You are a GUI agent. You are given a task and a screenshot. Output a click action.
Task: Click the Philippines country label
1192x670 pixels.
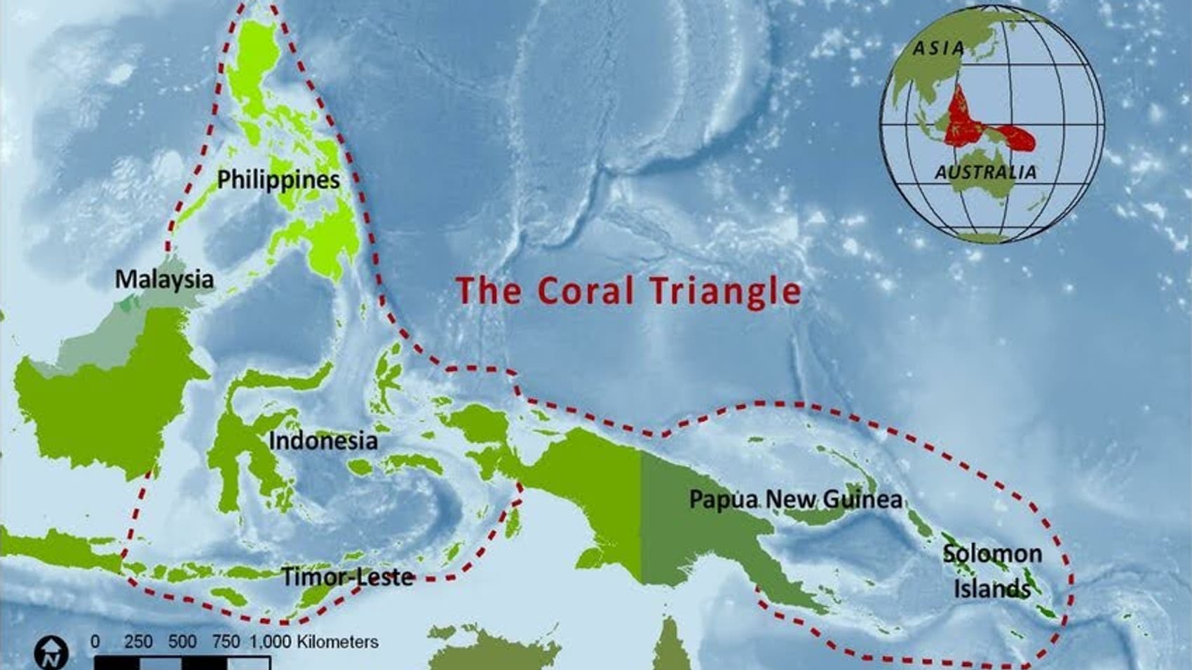(x=278, y=180)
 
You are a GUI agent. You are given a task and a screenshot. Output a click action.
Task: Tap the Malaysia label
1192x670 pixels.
(x=164, y=280)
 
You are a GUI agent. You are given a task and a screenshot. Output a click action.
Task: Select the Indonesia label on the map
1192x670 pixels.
(x=323, y=441)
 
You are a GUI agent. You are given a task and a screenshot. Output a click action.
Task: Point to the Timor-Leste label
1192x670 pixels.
(x=348, y=577)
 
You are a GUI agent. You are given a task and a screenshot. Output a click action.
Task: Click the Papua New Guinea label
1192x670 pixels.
(x=795, y=500)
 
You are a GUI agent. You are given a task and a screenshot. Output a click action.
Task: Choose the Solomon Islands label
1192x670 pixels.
(x=991, y=571)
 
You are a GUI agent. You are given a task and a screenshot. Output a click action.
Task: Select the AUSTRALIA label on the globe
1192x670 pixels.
(x=986, y=172)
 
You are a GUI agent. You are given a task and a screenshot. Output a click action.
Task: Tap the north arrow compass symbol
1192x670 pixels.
(x=50, y=653)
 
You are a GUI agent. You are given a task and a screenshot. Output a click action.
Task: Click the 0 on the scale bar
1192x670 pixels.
(x=96, y=641)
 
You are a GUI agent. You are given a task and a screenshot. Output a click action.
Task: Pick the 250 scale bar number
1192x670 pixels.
(x=138, y=641)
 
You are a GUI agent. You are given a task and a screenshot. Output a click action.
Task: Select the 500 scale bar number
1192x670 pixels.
(x=182, y=641)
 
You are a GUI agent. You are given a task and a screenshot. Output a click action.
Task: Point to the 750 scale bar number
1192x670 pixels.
(x=226, y=641)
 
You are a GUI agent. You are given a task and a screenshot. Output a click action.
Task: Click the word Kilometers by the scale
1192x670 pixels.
(x=337, y=641)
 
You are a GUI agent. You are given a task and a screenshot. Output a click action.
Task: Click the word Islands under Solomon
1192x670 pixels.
(x=991, y=589)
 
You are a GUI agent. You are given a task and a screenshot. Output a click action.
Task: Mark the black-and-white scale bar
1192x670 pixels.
(x=182, y=662)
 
